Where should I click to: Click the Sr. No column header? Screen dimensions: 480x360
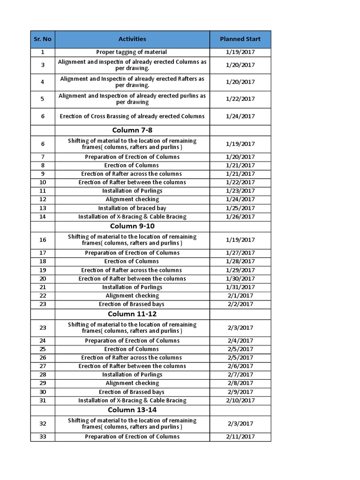[43, 39]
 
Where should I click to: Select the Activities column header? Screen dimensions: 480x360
[132, 39]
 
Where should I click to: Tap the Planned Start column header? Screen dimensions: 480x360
[240, 39]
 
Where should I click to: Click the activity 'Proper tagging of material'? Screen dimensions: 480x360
[132, 52]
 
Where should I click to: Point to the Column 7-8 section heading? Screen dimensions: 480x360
[132, 130]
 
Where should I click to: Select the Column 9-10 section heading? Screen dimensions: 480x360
[132, 226]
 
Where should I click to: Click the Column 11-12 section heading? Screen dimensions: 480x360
[132, 314]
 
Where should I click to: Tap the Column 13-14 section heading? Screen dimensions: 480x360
[132, 410]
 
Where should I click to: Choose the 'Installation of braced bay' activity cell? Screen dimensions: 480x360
[132, 208]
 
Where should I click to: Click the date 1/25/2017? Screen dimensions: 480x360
[240, 208]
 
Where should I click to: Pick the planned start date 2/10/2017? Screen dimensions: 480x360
[240, 400]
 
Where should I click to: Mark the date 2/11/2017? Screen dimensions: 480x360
[240, 437]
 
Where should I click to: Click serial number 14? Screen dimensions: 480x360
[43, 217]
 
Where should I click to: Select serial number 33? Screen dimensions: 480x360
[43, 437]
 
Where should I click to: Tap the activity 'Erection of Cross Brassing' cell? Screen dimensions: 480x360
[132, 116]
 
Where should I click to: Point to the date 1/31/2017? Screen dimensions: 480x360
[240, 287]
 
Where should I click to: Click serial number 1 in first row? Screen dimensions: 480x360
[43, 52]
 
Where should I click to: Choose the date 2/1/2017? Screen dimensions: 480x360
[240, 296]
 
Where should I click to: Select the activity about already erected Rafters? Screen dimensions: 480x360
[132, 82]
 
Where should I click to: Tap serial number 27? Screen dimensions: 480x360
[43, 366]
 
